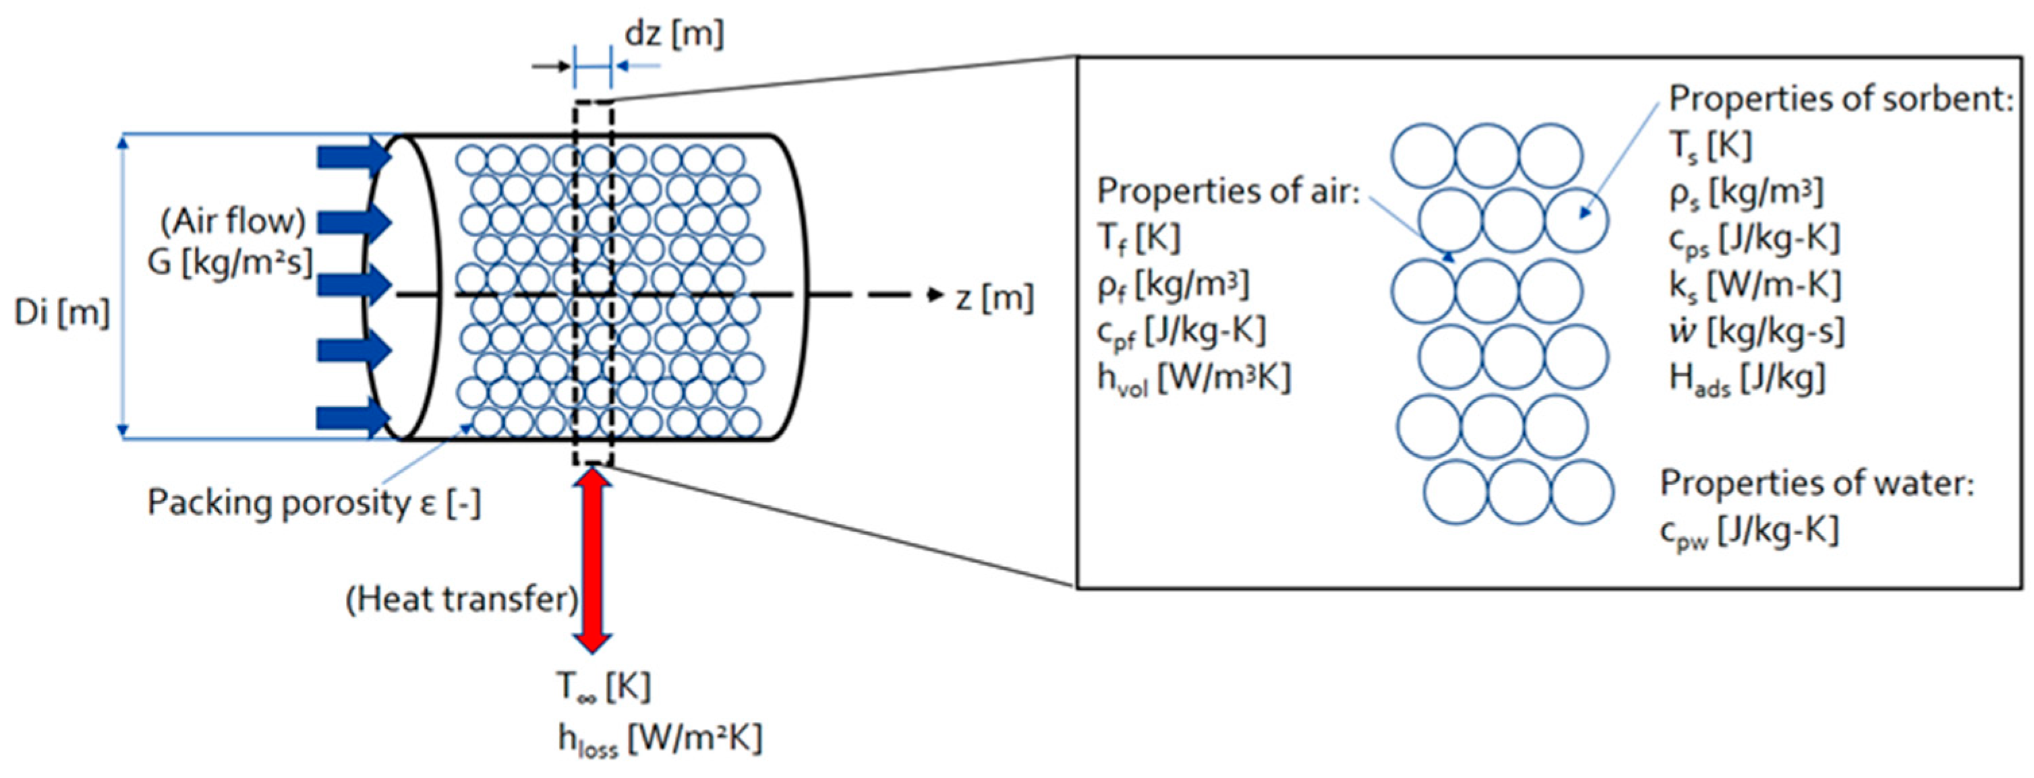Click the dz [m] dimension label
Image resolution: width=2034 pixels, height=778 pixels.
pos(674,35)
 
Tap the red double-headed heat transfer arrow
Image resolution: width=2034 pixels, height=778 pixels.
pos(592,560)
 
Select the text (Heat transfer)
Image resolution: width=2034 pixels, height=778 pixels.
pos(463,599)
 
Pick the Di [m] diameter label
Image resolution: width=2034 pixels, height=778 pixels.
pos(61,313)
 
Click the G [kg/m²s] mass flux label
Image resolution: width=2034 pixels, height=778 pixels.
pos(230,262)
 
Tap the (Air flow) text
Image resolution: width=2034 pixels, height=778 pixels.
pos(233,221)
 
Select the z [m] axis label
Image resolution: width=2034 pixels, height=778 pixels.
pos(994,298)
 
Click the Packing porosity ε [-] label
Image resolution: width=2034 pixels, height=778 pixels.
pos(314,503)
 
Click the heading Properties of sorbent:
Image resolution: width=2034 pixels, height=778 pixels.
pos(1840,100)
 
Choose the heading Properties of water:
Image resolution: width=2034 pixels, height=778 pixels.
pos(1816,483)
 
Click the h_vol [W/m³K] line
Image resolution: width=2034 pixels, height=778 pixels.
pos(1193,379)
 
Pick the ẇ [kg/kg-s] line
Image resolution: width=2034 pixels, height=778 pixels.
pos(1756,332)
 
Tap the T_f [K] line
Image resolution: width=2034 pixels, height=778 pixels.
pos(1138,236)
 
